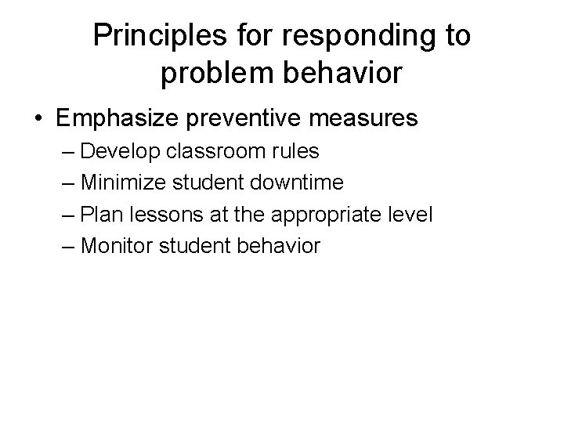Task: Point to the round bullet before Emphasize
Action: pos(37,119)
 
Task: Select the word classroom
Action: pos(227,150)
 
